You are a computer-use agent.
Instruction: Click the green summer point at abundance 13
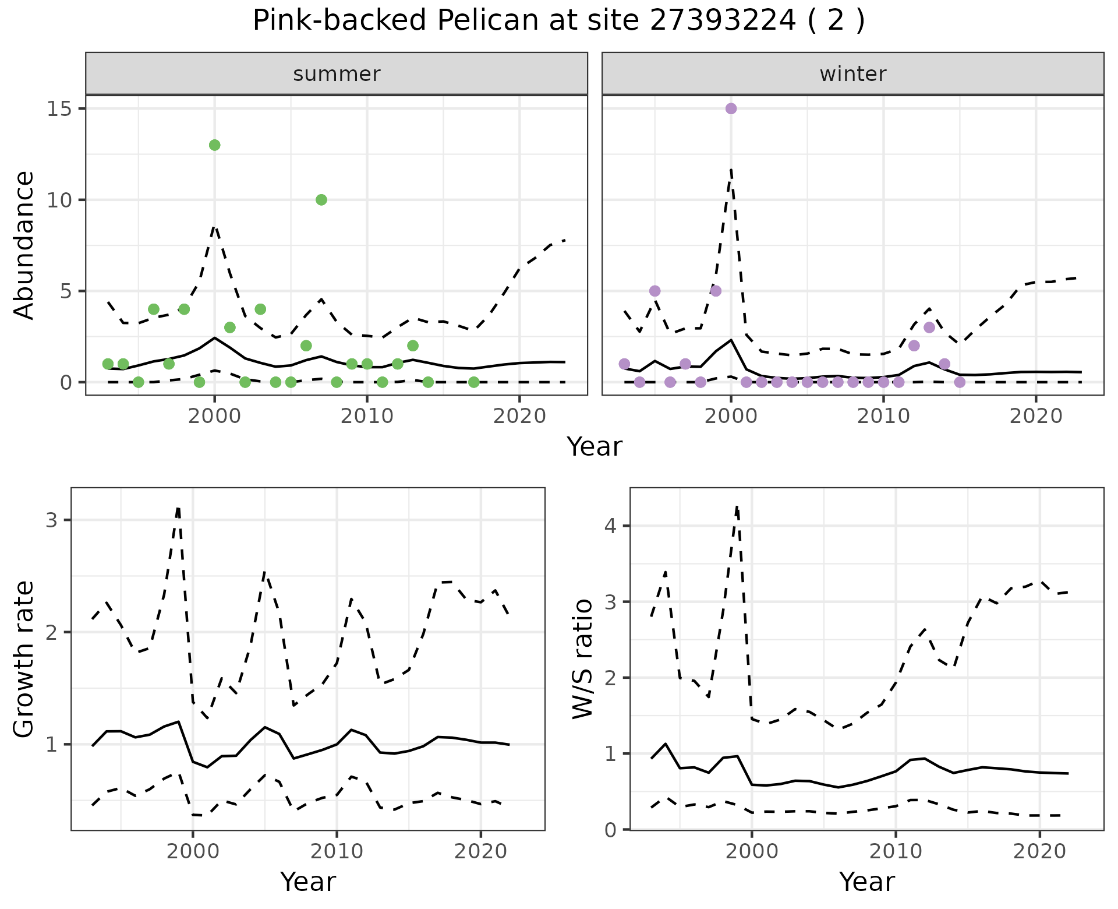coord(214,145)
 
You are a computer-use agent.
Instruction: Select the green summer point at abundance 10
coord(321,200)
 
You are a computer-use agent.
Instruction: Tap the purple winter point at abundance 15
coord(731,108)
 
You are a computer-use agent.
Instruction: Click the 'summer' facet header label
coord(337,74)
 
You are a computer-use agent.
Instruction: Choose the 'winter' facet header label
coord(852,74)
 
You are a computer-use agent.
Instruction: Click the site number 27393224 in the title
coord(722,20)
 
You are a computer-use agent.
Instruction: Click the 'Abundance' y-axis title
coord(24,245)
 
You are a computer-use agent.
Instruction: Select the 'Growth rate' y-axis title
coord(24,660)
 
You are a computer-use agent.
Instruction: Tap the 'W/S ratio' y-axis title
coord(583,659)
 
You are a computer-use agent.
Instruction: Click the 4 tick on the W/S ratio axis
coord(610,526)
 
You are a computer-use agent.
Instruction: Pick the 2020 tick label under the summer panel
coord(519,416)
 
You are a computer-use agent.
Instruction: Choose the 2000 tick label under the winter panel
coord(731,416)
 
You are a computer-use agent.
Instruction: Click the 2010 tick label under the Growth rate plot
coord(337,851)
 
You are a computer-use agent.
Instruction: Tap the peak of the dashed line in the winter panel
coord(731,169)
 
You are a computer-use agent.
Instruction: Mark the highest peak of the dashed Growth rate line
coord(178,508)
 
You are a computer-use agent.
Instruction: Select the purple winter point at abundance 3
coord(929,327)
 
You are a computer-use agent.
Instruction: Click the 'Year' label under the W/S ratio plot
coord(866,882)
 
